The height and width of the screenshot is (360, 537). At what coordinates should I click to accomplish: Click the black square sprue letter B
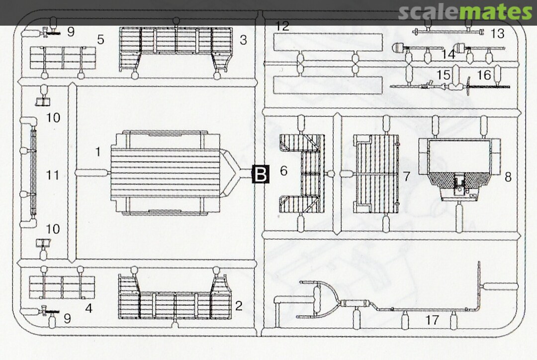click(x=261, y=174)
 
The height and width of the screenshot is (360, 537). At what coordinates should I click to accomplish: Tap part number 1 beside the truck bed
click(x=98, y=151)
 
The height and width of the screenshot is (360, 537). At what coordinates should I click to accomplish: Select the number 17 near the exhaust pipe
click(x=432, y=320)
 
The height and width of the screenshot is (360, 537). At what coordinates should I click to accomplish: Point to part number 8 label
click(x=508, y=177)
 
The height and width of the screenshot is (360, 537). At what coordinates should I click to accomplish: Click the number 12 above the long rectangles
click(x=282, y=26)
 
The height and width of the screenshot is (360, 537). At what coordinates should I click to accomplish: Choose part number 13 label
click(x=498, y=34)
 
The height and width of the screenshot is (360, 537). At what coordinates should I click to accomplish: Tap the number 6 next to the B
click(x=283, y=170)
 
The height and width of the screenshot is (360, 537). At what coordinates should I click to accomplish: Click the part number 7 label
click(x=406, y=177)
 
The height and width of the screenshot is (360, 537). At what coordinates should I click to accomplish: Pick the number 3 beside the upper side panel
click(x=243, y=40)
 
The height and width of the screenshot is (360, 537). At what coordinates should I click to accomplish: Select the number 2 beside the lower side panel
click(x=239, y=305)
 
